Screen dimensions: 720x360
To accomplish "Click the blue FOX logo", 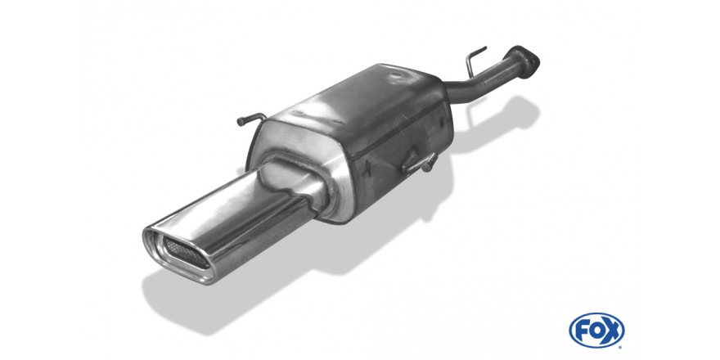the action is tap(596, 331).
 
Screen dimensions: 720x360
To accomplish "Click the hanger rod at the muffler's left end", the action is tap(250, 119).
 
